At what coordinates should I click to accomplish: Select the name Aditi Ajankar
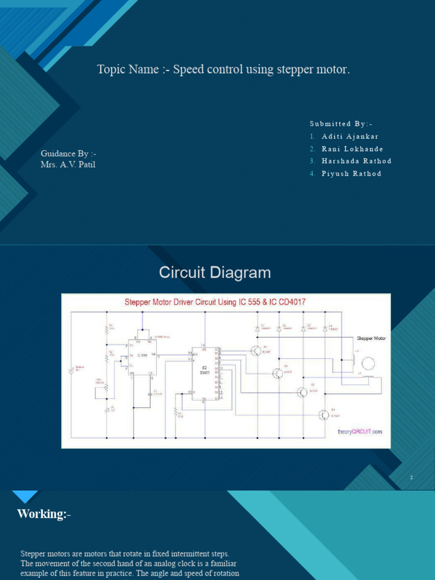(350, 137)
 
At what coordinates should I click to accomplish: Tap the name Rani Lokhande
(352, 149)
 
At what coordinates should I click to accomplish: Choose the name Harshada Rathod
(356, 161)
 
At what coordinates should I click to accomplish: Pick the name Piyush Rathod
(351, 173)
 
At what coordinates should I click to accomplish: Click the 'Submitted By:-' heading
(341, 123)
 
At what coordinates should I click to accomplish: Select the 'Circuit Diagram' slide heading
(215, 273)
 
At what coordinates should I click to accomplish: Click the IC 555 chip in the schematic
(142, 356)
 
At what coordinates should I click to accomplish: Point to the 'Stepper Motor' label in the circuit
(371, 338)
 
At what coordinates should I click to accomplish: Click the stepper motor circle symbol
(368, 363)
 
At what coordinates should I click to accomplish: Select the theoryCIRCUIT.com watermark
(360, 431)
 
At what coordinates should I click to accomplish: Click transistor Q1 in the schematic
(258, 351)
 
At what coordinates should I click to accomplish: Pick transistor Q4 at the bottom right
(323, 415)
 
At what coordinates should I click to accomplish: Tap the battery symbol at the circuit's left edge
(71, 371)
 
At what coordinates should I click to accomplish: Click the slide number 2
(412, 478)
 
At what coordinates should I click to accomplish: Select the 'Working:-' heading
(44, 514)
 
